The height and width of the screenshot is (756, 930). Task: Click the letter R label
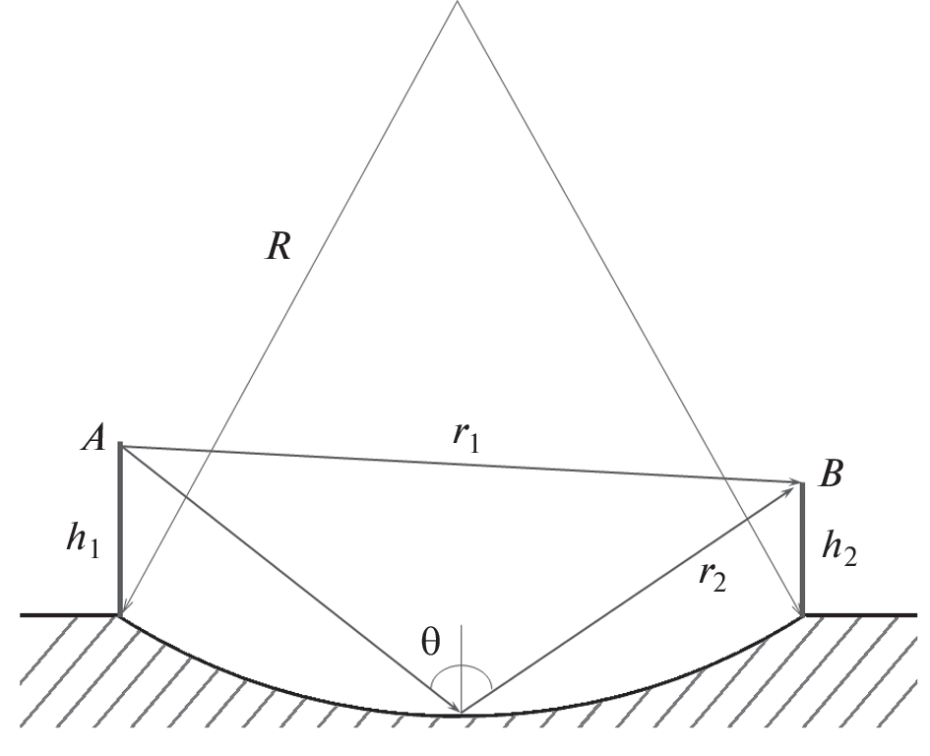279,246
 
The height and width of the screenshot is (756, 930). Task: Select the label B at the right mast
831,473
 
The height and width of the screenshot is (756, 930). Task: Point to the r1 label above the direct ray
465,436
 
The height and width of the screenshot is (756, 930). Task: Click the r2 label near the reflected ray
713,576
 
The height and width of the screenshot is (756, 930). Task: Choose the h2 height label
838,549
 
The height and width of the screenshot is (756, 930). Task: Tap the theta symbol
431,642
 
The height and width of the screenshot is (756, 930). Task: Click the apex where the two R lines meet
457,2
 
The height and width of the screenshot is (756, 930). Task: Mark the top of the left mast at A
120,443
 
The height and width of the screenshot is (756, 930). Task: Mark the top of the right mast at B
802,483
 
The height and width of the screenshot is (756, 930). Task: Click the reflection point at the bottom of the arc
461,712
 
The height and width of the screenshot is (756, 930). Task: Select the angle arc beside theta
462,667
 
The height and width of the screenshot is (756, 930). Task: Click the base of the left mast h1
120,615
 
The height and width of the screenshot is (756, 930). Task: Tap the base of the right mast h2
803,615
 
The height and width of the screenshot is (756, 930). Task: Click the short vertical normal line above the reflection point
461,667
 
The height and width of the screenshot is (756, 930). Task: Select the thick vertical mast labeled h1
120,530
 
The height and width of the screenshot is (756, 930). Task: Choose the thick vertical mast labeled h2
803,549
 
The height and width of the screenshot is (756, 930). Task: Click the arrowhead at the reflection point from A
456,708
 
